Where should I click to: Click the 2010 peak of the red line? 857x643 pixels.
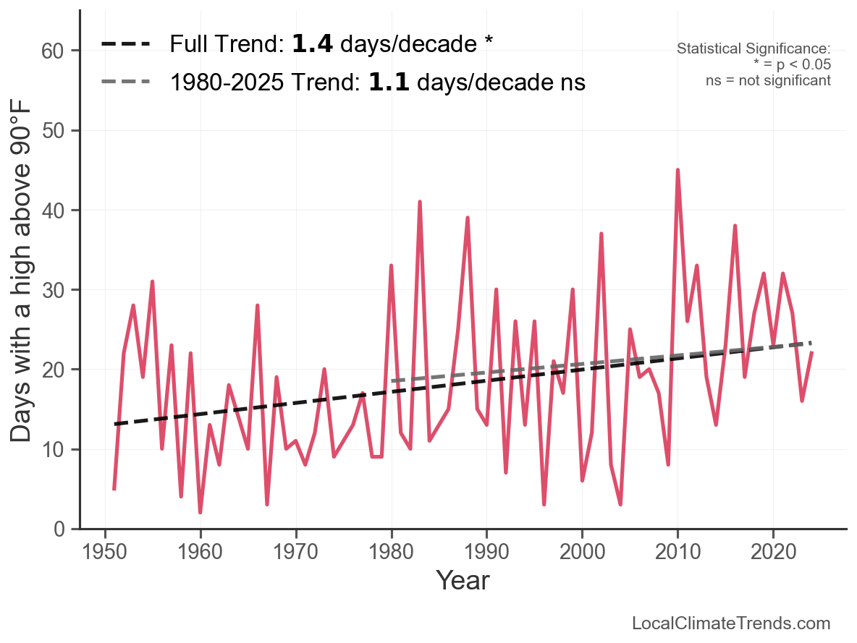(677, 170)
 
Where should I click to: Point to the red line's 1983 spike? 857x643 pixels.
(420, 202)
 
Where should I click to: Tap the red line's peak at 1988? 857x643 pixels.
(468, 218)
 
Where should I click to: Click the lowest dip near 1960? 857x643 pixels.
(200, 512)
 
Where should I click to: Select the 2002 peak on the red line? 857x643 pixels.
(601, 234)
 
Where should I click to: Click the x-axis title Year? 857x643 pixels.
(463, 580)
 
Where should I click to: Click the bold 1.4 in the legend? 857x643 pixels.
(312, 44)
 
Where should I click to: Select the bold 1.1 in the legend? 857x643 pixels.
(389, 82)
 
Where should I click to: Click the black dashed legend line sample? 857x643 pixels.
(125, 44)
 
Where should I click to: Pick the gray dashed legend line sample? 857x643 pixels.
(125, 82)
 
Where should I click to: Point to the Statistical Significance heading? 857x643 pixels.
(753, 49)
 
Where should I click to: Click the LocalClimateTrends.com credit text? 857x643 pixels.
(731, 623)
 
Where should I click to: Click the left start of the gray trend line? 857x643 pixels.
(392, 380)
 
